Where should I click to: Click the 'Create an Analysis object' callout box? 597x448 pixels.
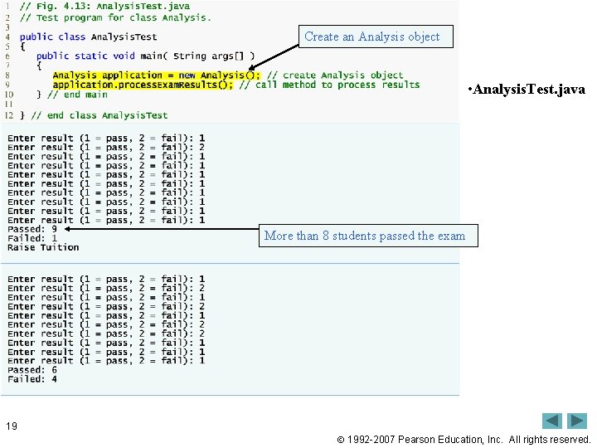coord(372,37)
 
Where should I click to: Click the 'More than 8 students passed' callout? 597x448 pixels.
coord(365,236)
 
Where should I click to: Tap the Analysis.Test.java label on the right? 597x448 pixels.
coord(526,89)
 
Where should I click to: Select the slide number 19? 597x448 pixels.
coord(11,426)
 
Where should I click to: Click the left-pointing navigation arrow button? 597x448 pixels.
coord(552,421)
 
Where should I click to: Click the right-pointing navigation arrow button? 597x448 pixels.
coord(577,421)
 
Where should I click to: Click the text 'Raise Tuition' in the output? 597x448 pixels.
coord(43,247)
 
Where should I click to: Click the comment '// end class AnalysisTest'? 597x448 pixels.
coord(99,115)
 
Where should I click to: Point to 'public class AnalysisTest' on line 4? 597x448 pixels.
coord(88,37)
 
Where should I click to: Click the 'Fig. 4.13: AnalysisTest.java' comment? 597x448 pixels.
coord(112,7)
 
